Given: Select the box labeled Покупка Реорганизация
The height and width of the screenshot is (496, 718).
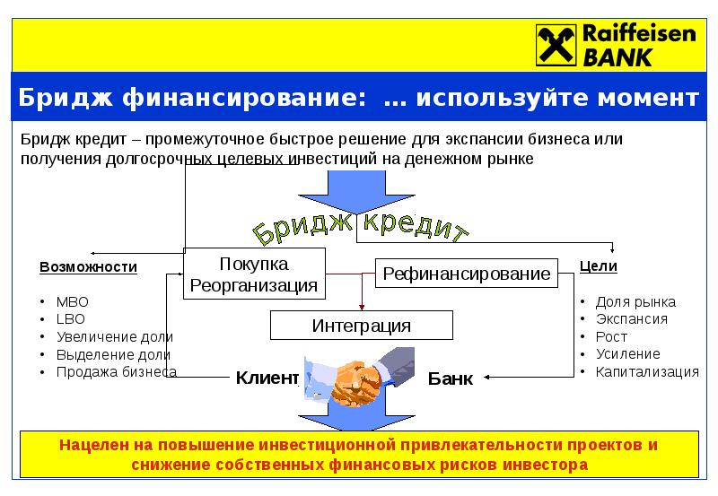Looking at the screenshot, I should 253,274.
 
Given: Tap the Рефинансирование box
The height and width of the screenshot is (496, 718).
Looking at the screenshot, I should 467,274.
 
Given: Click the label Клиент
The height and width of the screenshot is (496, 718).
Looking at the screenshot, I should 267,379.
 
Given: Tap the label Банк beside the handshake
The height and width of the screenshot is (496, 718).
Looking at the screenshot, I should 450,379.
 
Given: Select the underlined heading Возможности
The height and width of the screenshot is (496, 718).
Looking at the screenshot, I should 88,267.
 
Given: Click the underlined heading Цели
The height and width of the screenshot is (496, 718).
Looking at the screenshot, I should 599,267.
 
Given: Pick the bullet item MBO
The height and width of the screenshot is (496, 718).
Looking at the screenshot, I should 73,302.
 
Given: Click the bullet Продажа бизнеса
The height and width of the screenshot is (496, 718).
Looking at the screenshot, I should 116,371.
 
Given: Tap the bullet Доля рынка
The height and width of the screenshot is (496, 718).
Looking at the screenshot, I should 635,302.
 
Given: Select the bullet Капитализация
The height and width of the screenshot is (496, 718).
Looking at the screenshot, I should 646,371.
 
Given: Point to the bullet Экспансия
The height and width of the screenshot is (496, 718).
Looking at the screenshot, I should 631,319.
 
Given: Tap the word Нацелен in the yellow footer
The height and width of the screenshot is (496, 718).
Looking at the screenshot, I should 91,445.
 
